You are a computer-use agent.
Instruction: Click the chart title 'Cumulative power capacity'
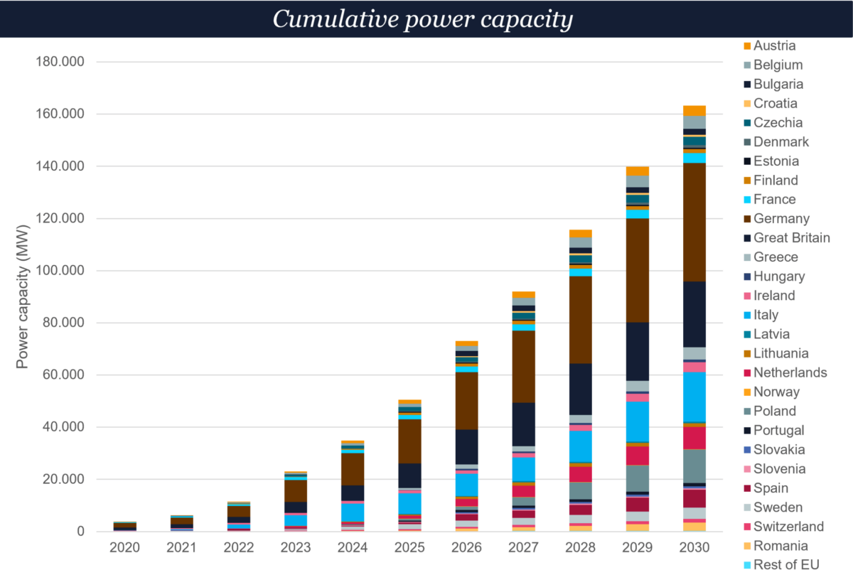[423, 19]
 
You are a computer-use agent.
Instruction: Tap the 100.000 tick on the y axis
[60, 271]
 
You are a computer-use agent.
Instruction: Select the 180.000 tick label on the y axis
[60, 62]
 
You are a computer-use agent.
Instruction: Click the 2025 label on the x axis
[409, 548]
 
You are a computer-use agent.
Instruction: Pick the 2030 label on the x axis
[694, 548]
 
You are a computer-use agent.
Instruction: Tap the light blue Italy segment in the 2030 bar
[694, 397]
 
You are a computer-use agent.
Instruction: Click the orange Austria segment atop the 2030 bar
[694, 110]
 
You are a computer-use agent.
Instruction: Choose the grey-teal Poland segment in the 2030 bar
[694, 466]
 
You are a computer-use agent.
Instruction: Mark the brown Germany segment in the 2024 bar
[353, 469]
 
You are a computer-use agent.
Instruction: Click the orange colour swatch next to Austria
[746, 46]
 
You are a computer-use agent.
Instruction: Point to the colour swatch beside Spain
[746, 488]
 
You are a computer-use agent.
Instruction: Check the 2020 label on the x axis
[125, 548]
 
